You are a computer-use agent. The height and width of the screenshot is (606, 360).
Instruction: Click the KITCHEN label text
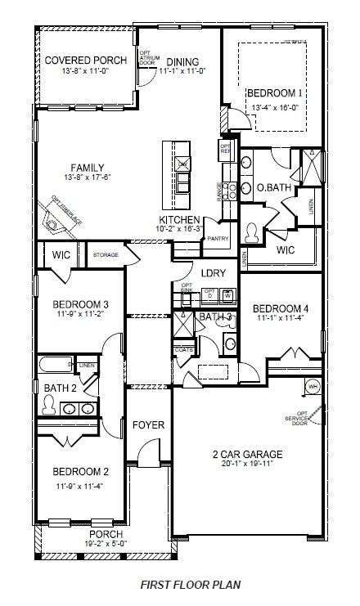(180, 219)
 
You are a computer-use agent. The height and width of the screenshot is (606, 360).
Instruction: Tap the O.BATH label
(272, 188)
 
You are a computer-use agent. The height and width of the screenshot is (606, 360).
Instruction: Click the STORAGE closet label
(106, 255)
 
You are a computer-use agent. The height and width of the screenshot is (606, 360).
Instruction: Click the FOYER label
(150, 425)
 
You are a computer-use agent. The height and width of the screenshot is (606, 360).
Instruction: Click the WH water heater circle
(312, 386)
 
